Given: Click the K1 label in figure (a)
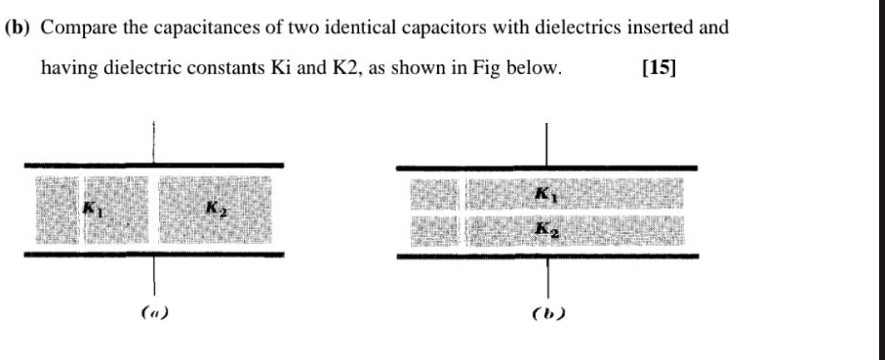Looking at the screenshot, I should tap(92, 208).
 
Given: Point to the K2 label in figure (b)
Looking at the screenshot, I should tap(546, 229).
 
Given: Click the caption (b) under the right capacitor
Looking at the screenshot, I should tap(547, 315).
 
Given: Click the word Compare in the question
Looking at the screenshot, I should tap(74, 26).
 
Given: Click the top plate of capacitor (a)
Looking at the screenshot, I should tap(153, 165).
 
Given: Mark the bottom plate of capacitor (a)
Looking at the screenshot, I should tap(153, 254).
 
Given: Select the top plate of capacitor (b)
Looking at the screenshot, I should tap(546, 168).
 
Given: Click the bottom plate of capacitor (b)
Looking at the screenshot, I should tap(546, 257).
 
